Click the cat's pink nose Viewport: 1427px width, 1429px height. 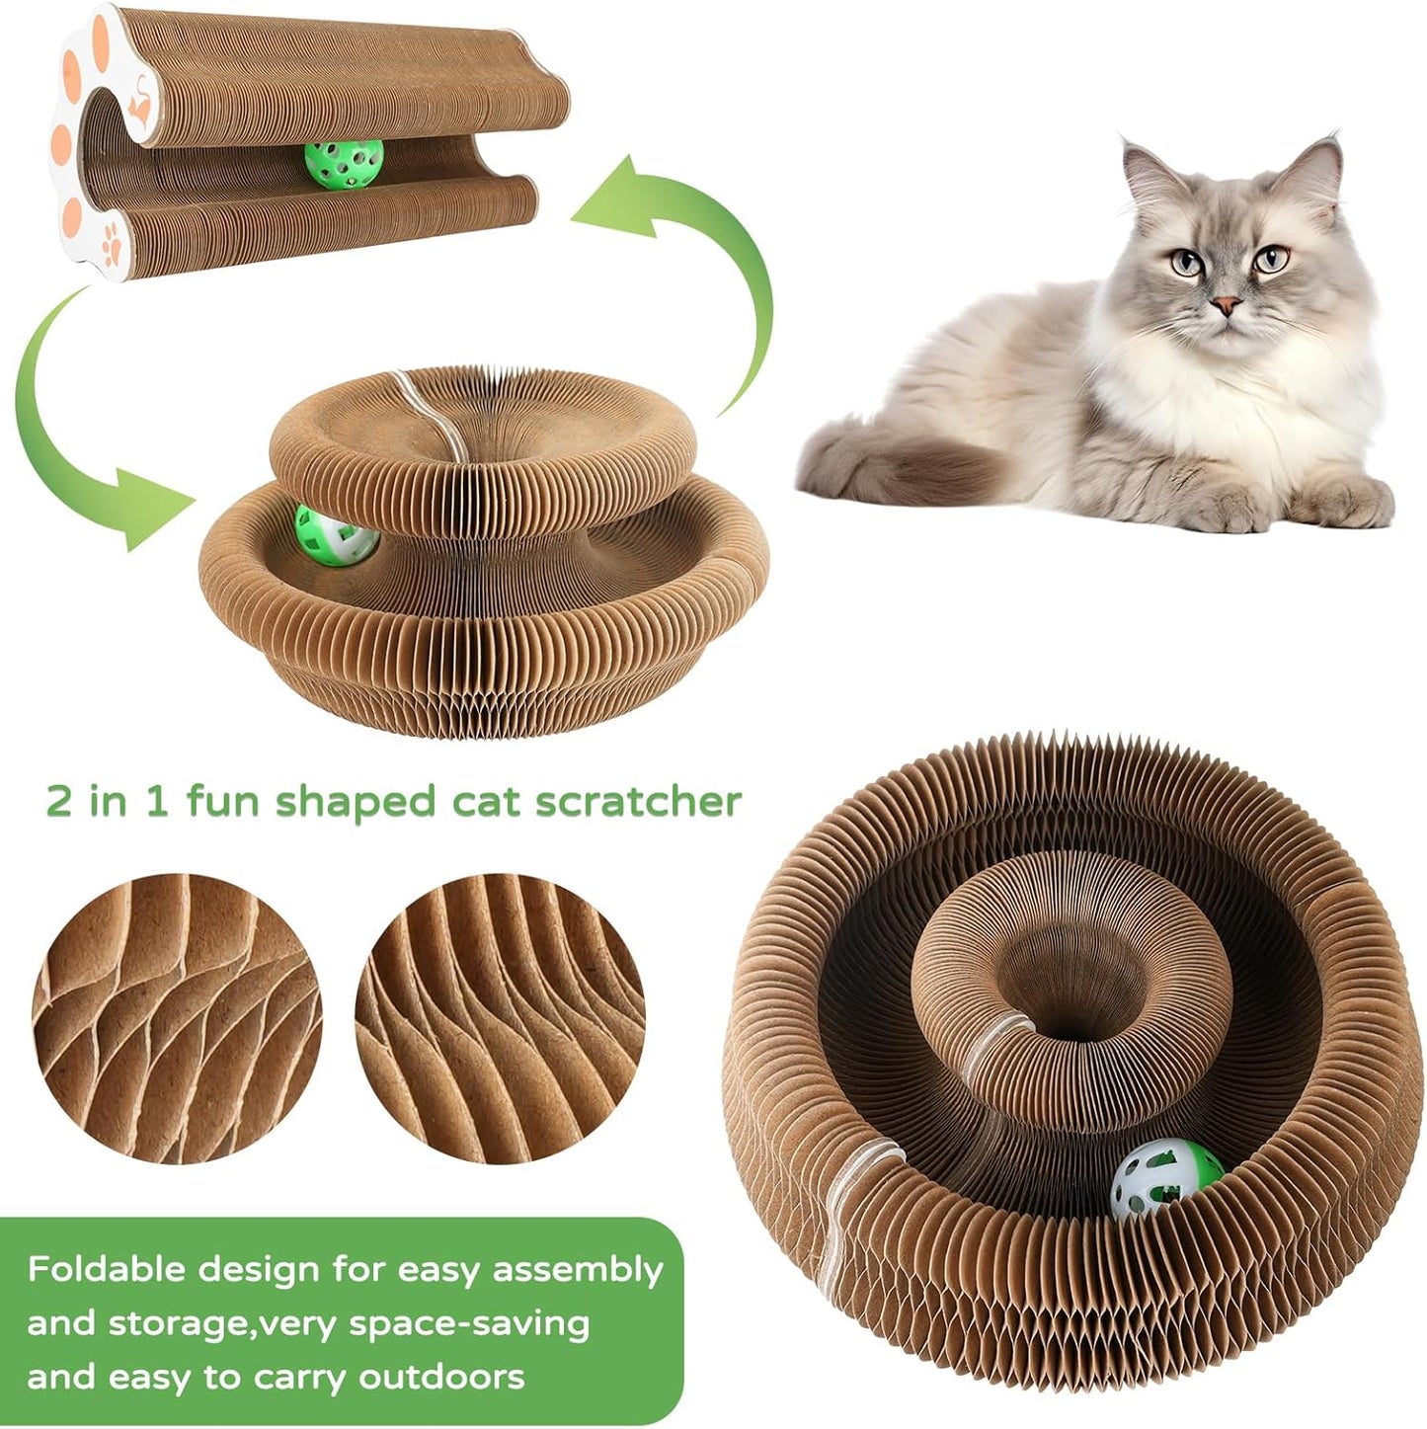1226,304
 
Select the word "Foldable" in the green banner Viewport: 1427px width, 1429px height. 95,1268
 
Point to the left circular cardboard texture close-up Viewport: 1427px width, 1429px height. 178,1018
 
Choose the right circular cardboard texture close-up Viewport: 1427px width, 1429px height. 500,1018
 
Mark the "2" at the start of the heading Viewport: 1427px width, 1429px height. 59,801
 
